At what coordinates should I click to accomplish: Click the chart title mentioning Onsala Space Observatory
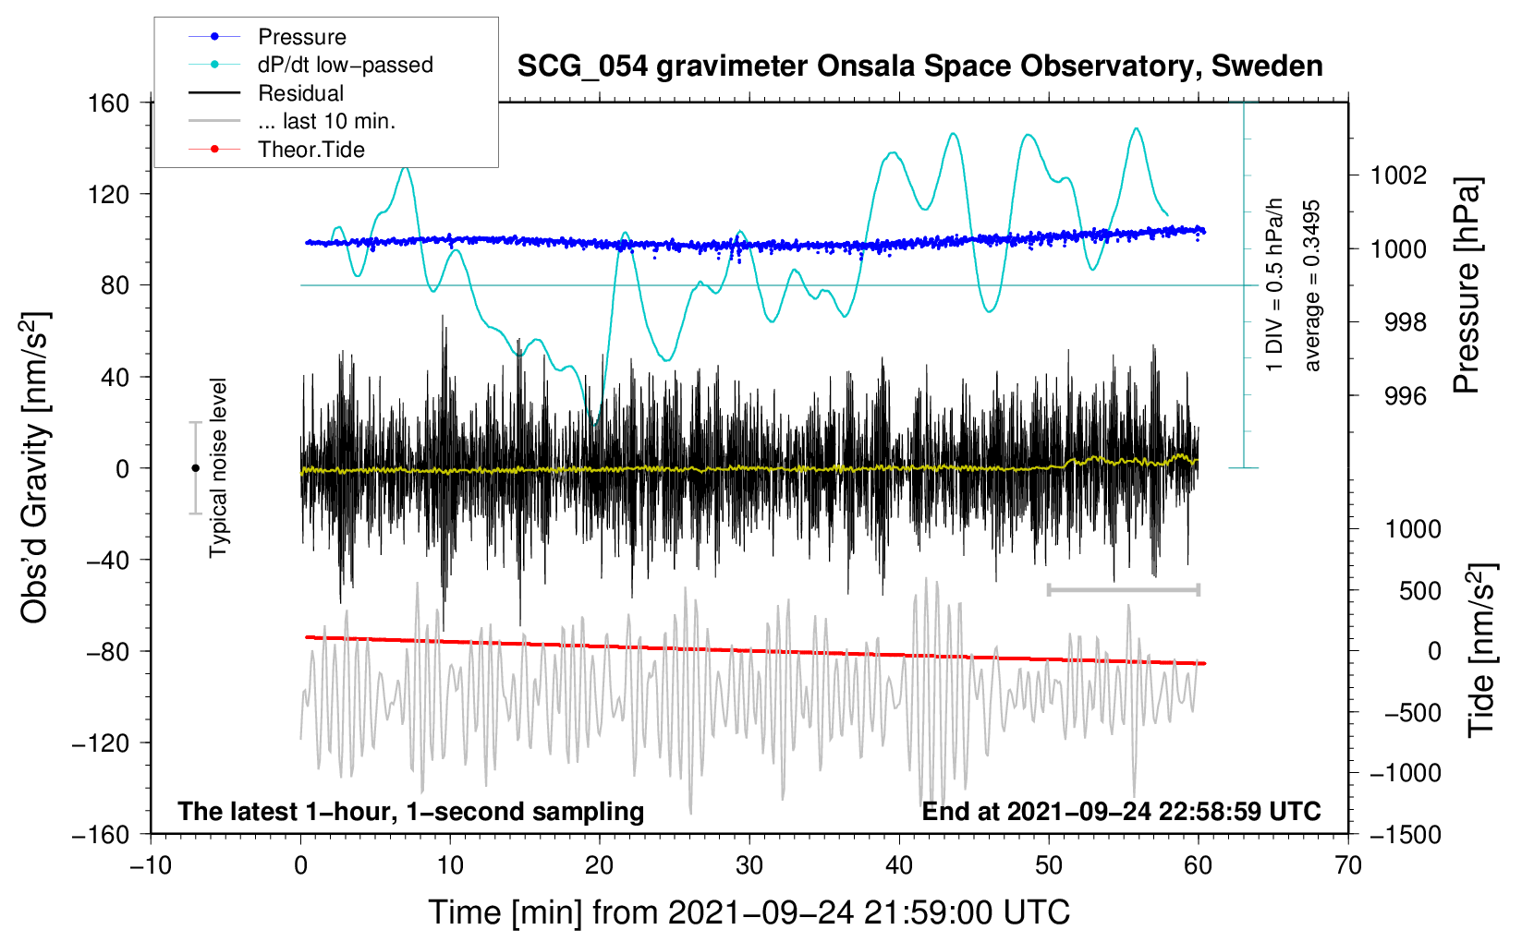919,66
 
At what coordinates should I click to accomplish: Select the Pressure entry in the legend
301,37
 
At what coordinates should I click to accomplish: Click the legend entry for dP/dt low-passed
345,65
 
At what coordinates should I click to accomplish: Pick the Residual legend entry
300,93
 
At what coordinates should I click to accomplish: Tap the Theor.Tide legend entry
310,150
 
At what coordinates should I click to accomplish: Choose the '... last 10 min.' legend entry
326,121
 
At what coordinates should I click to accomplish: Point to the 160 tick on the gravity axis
109,103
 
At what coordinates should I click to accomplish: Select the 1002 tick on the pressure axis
1398,175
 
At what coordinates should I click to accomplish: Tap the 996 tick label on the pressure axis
1405,396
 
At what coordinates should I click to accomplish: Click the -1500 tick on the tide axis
1406,834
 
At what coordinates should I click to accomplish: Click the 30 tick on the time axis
749,865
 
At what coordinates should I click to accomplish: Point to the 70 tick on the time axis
1348,865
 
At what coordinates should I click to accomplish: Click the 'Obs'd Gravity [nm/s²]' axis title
35,467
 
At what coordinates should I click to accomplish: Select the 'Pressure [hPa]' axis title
1467,285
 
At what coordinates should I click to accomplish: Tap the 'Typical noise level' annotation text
218,467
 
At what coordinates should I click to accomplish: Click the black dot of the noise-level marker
195,468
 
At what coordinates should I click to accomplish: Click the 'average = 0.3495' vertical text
1312,285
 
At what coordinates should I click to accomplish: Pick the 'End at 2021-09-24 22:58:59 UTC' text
1121,811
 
